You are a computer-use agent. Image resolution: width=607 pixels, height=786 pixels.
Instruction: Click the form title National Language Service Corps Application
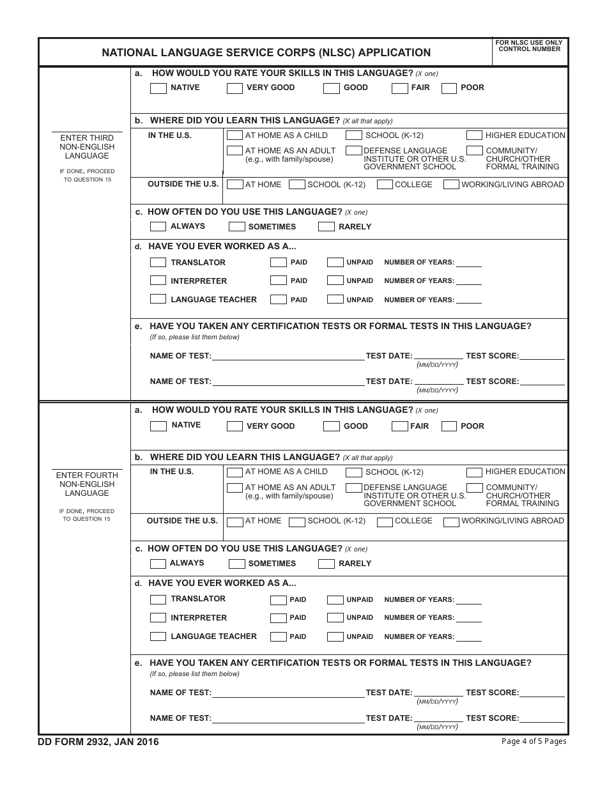point(266,53)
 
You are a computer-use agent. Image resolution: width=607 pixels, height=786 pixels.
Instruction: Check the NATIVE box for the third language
point(158,88)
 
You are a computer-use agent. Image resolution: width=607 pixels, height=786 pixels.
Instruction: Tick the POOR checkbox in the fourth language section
point(449,426)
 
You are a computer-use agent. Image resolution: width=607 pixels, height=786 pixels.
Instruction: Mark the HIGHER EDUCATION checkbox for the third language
point(474,135)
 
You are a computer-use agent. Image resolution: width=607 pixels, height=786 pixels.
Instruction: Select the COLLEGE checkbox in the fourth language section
point(385,522)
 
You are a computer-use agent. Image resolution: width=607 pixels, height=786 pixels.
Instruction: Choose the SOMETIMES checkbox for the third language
point(236,227)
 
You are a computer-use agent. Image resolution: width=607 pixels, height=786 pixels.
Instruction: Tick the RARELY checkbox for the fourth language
point(326,564)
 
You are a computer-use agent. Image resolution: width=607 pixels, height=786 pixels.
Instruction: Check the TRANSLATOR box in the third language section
point(158,263)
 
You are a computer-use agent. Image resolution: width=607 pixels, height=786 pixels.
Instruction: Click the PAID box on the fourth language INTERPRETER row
point(278,618)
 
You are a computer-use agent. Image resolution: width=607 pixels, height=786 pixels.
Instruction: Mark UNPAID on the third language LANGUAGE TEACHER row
point(335,299)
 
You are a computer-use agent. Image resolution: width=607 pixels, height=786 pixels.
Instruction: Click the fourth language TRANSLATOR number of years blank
point(469,600)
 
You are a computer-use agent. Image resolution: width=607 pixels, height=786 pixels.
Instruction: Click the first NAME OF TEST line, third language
point(288,356)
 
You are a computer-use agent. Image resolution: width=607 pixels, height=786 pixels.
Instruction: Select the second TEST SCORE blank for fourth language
point(542,718)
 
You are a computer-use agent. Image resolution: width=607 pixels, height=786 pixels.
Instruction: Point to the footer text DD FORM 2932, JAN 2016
point(99,742)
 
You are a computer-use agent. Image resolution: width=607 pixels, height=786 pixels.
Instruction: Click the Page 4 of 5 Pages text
point(534,741)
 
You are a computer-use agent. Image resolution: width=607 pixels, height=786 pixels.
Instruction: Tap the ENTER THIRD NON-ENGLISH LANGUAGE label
point(87,147)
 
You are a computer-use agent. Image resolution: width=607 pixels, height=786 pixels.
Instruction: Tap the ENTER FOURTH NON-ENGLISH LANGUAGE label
point(87,484)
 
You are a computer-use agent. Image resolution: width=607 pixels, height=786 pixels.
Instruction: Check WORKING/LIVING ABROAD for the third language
point(451,185)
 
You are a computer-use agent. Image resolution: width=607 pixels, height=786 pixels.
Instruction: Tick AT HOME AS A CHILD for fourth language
point(234,472)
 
